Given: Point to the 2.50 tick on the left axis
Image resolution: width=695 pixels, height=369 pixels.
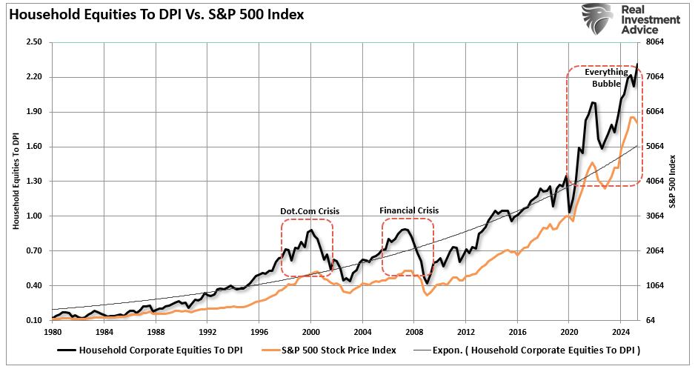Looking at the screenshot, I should pos(33,42).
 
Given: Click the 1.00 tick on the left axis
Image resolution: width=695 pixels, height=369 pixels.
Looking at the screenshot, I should pos(33,216).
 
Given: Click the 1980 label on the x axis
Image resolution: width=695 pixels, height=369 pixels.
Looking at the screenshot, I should pos(52,332).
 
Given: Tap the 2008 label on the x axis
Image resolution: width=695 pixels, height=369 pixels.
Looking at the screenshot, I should pos(414,332).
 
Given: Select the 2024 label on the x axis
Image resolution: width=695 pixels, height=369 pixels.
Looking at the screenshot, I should pos(621,332).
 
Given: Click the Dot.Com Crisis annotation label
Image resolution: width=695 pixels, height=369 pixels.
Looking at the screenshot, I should pos(309,211).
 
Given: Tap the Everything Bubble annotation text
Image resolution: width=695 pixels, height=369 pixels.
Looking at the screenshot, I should pos(605,78).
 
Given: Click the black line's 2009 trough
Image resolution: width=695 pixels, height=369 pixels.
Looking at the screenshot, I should pos(427,283).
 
